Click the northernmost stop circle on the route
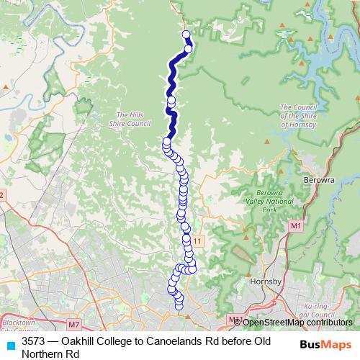pos(186,34)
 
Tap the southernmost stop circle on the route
pos(180,308)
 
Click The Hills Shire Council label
pos(133,119)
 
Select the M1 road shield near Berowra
pos(295,226)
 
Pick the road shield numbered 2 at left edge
pos(2,195)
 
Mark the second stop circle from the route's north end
pos(189,49)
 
